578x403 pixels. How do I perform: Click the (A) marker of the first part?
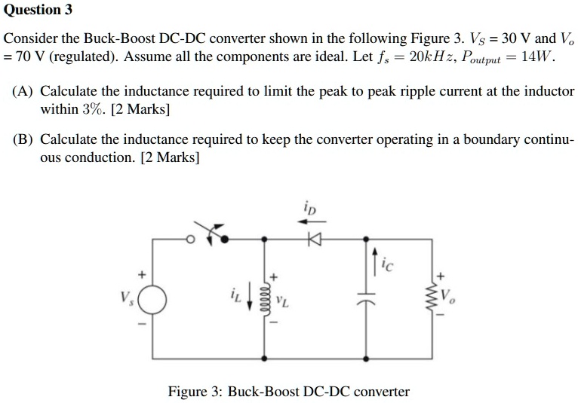point(23,91)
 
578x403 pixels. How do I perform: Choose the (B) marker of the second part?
point(23,140)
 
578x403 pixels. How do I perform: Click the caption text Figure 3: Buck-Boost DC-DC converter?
point(288,392)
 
